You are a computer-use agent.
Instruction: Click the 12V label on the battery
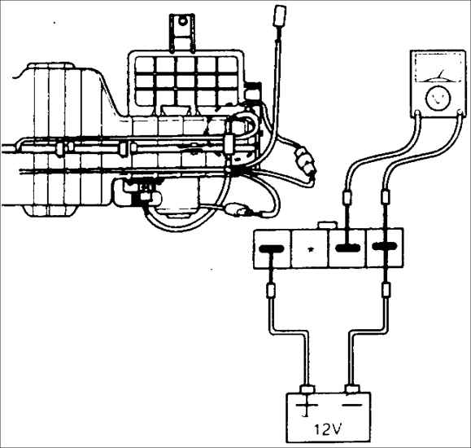point(328,429)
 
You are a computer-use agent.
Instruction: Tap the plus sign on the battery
point(307,406)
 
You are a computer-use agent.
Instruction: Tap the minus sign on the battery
point(352,405)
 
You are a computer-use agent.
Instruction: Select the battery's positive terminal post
point(307,389)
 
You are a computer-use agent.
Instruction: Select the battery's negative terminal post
point(353,389)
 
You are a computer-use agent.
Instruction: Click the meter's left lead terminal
point(417,113)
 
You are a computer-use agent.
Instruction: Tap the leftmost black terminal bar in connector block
point(272,248)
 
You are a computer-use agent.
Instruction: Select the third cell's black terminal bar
point(348,248)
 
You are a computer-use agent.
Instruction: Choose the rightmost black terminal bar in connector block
point(385,247)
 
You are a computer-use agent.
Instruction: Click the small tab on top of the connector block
point(328,226)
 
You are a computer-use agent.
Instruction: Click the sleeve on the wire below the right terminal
point(386,289)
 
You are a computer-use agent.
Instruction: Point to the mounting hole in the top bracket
point(182,21)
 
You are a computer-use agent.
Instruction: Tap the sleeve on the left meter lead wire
point(347,199)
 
